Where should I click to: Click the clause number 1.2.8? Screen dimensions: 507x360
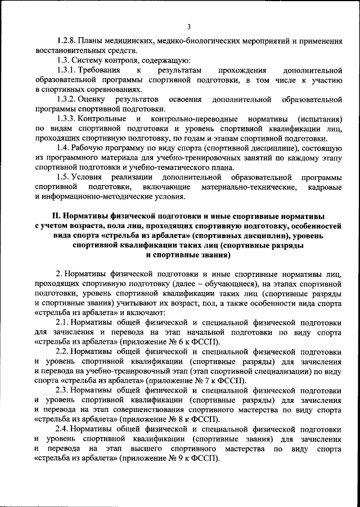coord(69,41)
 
